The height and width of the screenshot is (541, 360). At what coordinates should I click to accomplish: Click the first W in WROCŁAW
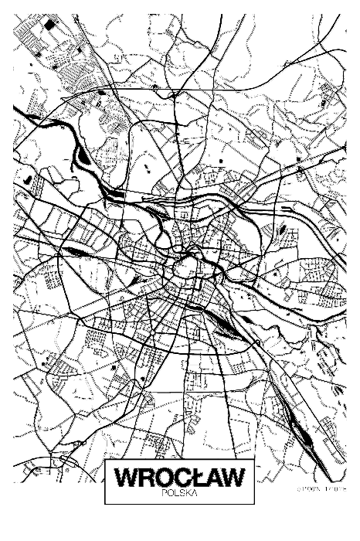tap(124, 477)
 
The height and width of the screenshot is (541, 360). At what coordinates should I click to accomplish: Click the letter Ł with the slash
tap(200, 477)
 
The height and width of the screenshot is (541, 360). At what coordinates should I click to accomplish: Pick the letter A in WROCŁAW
tap(217, 477)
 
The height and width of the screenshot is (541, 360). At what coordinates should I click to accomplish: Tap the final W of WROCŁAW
tap(237, 477)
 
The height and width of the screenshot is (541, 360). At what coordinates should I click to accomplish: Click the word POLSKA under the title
tap(179, 492)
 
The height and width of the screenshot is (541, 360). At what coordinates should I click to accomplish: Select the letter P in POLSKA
tap(166, 492)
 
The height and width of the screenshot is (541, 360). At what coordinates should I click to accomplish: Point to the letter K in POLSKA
tap(187, 492)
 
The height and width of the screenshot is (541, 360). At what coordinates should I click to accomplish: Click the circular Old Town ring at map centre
tap(186, 269)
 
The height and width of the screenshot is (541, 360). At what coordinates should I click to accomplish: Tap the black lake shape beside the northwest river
tap(83, 158)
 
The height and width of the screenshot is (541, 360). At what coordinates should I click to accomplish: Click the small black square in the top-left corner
tap(49, 26)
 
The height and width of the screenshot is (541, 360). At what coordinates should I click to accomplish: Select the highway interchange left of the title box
tap(66, 464)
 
